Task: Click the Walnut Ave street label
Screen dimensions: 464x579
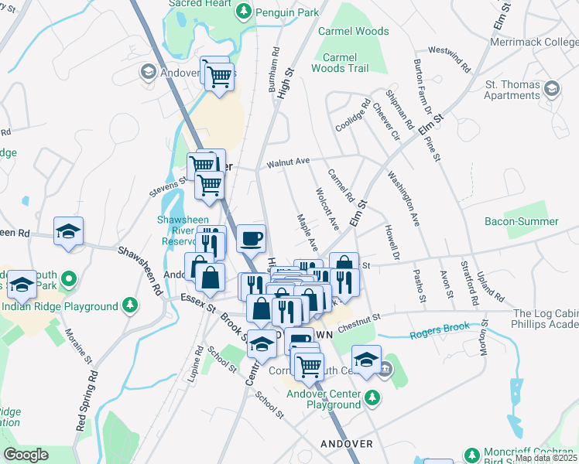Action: (x=288, y=162)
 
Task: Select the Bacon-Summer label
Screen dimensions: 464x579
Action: (x=521, y=222)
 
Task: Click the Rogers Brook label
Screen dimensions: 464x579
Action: (x=440, y=328)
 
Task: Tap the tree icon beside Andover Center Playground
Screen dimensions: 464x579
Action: (x=373, y=397)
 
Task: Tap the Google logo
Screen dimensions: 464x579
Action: (x=26, y=455)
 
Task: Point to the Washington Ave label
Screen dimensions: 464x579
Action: (x=405, y=199)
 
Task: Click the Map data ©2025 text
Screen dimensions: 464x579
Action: (x=545, y=458)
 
